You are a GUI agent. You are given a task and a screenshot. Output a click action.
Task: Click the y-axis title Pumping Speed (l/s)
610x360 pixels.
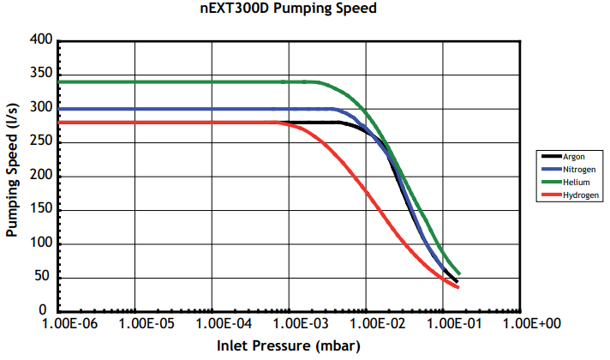[13, 175]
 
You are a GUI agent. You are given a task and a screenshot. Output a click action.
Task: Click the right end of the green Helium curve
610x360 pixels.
[459, 273]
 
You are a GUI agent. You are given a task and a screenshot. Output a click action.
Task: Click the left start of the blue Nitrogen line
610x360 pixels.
[59, 109]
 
